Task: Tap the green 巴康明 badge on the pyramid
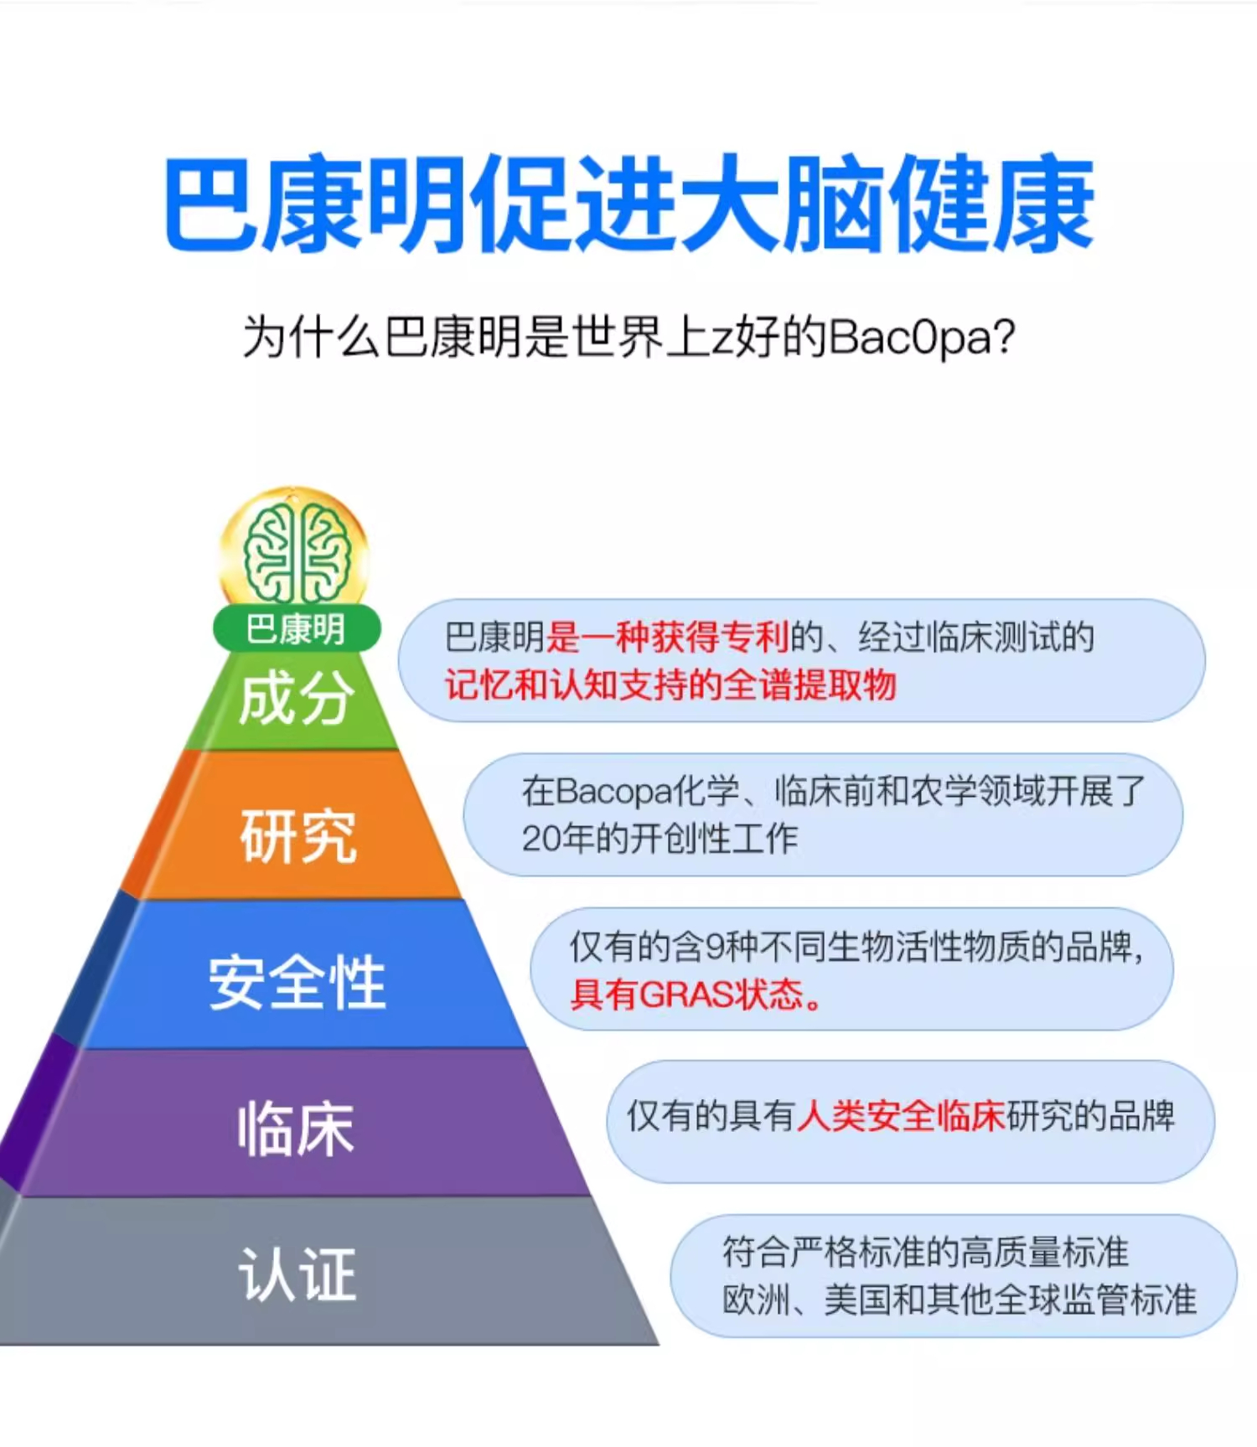click(x=296, y=628)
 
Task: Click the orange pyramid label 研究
click(x=298, y=835)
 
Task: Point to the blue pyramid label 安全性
click(x=297, y=982)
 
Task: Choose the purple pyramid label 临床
click(x=296, y=1129)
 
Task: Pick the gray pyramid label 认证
click(x=298, y=1274)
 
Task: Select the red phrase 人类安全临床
click(x=901, y=1115)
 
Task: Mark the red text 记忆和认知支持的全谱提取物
click(x=670, y=685)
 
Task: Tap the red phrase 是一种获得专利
click(x=667, y=638)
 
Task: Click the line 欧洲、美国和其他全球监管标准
click(x=959, y=1300)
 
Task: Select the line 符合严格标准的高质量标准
click(x=925, y=1253)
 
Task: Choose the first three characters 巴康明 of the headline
click(x=315, y=204)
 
